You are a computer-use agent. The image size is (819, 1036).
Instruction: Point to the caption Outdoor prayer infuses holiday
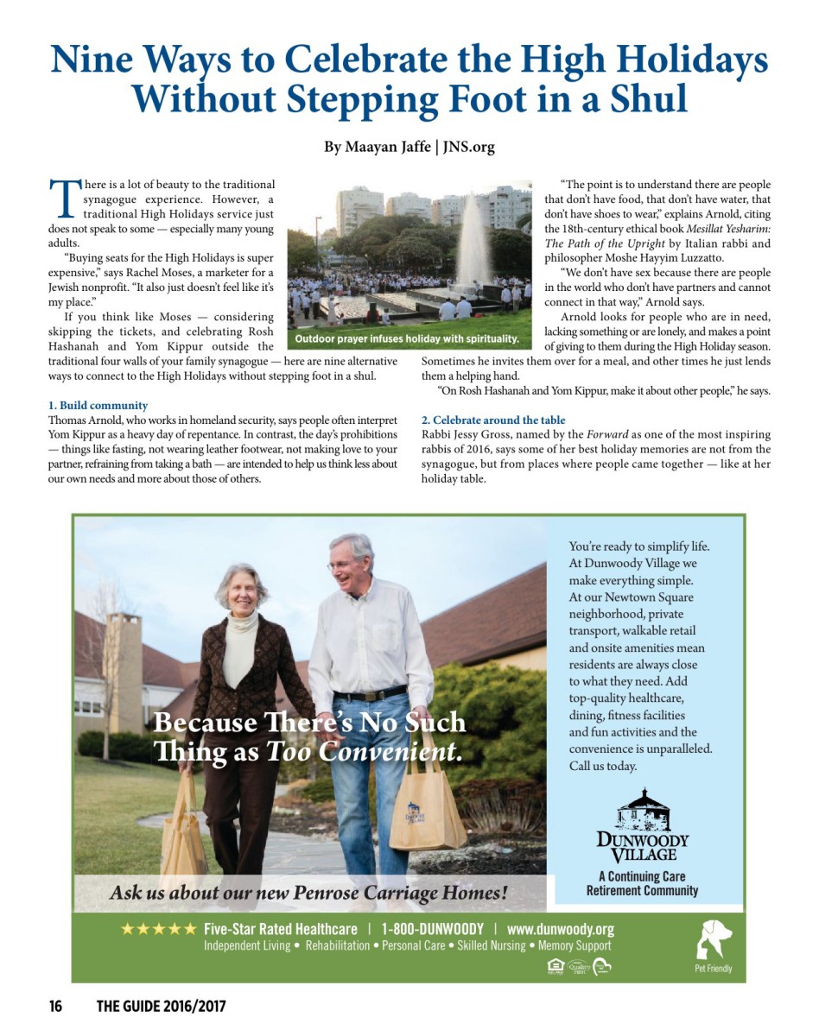tap(407, 338)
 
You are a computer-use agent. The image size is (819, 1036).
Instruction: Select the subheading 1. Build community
tap(98, 405)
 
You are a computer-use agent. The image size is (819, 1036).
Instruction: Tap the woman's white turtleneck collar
tap(240, 622)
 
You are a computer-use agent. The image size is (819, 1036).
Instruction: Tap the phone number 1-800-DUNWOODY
tap(433, 929)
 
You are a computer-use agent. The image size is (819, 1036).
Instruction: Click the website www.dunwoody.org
tap(560, 929)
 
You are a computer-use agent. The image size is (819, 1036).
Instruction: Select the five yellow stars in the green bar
tap(158, 930)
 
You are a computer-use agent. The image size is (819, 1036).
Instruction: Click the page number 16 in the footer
tap(55, 1006)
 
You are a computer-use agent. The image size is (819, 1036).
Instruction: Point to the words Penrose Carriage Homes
tap(398, 892)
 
